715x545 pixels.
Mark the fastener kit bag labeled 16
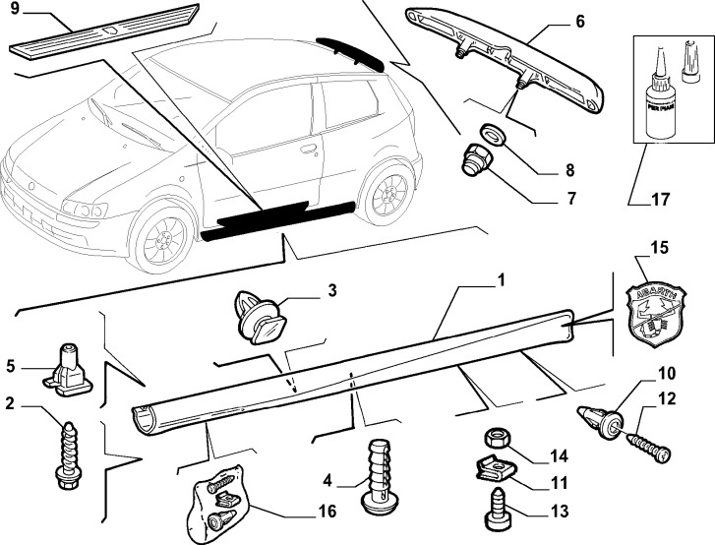click(219, 503)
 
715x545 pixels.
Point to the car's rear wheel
click(386, 193)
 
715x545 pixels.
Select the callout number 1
click(501, 280)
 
